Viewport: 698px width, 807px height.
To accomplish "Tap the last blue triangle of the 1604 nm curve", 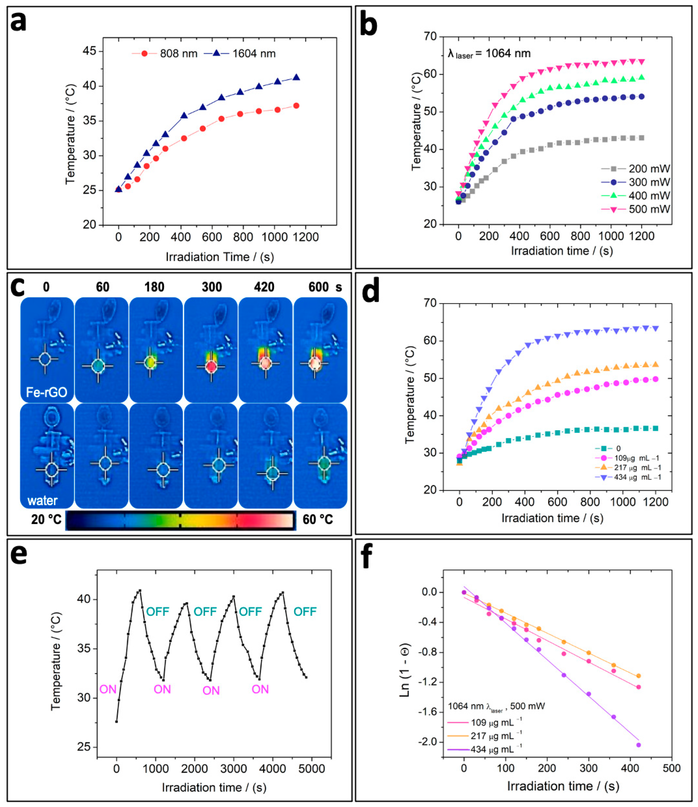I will [296, 77].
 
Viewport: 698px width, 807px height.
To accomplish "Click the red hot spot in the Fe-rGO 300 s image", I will [211, 367].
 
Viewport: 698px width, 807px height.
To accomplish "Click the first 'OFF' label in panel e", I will [158, 612].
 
